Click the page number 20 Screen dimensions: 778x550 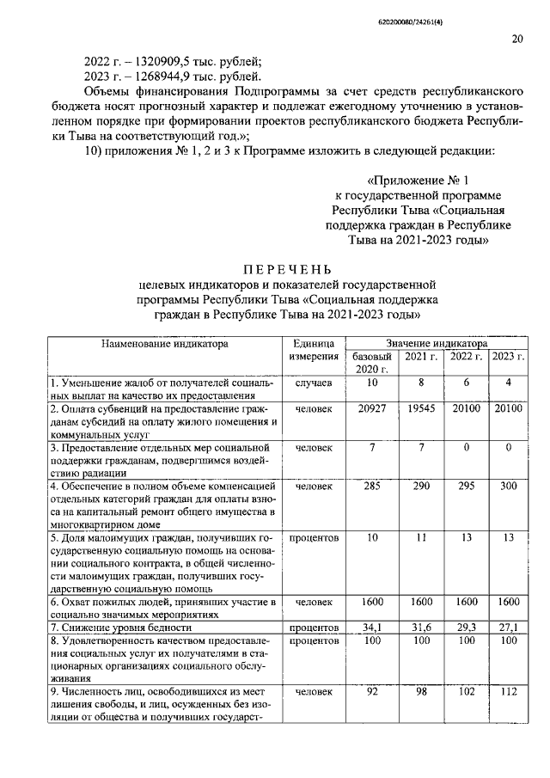pos(516,38)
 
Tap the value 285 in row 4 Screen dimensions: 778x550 pos(371,486)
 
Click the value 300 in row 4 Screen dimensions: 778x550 pos(509,486)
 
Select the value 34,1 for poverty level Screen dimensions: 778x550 pos(371,628)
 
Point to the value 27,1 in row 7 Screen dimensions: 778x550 pos(509,628)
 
